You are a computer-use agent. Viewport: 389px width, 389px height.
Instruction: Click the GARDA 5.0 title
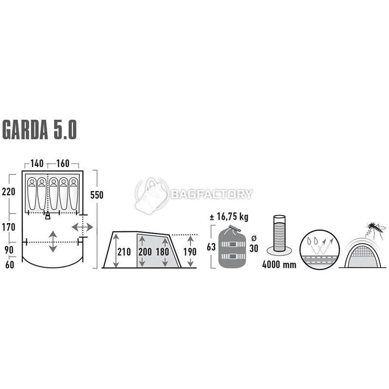pos(39,129)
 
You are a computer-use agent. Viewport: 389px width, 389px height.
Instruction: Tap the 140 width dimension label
pos(37,163)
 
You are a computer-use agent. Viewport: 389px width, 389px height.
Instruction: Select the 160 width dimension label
pos(63,163)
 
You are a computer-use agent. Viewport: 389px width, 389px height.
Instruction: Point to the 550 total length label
pos(96,195)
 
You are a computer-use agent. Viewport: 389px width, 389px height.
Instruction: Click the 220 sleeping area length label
pos(8,192)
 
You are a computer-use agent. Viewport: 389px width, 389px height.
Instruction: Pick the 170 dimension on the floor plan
pos(9,227)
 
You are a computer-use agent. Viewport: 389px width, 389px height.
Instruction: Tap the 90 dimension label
pos(9,250)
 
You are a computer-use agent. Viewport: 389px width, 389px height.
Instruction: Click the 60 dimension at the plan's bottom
pos(10,265)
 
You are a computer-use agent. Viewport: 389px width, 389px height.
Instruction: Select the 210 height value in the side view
pos(124,252)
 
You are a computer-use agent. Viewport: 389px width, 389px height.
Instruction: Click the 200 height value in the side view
pos(145,252)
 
